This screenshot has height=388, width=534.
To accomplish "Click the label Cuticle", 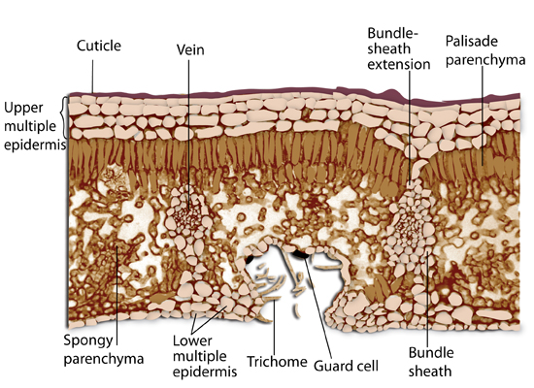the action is click(x=99, y=46).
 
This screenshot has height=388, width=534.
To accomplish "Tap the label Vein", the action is click(x=190, y=49).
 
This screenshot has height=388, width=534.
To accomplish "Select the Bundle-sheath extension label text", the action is click(x=399, y=48).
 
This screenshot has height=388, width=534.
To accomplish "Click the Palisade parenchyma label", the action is click(x=485, y=50).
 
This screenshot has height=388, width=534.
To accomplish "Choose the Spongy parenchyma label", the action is click(x=104, y=349).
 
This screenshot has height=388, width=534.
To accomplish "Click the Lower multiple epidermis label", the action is click(x=205, y=356).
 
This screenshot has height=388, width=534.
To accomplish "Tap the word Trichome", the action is click(x=277, y=362).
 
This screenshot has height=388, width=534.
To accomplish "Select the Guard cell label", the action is click(x=346, y=366).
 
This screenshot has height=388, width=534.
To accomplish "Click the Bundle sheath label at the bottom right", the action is click(x=431, y=362).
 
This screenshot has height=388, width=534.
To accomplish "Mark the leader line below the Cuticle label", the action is click(x=92, y=77).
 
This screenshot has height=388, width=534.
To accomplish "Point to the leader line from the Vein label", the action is click(x=188, y=135).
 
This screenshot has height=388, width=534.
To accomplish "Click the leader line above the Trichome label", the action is click(x=274, y=328).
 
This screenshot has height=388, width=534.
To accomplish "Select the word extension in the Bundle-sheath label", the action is click(x=399, y=64).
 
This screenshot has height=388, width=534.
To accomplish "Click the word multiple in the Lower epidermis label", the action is click(x=200, y=356).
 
